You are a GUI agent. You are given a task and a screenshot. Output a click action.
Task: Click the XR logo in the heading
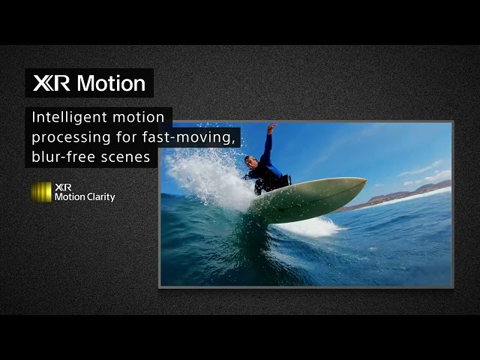(x=51, y=83)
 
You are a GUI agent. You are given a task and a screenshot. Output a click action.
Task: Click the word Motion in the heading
(x=111, y=83)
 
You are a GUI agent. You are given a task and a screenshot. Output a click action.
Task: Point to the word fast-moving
(x=196, y=137)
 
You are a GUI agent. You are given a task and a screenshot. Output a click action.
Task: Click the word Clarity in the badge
(x=101, y=197)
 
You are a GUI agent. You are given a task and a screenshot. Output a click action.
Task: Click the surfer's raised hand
(x=271, y=128)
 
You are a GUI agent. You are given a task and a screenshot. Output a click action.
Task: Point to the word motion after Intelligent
(x=138, y=118)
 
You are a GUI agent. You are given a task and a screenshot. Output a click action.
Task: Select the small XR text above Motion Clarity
(x=63, y=187)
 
